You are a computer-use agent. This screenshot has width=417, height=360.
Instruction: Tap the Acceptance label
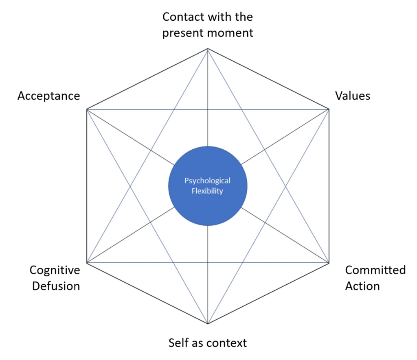pyautogui.click(x=48, y=96)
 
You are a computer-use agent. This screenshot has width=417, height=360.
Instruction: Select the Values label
pyautogui.click(x=353, y=96)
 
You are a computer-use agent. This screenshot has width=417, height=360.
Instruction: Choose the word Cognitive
pyautogui.click(x=55, y=270)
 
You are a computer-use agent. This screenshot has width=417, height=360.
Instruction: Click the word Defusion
pyautogui.click(x=56, y=286)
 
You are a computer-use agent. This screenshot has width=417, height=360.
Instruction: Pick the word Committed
pyautogui.click(x=375, y=270)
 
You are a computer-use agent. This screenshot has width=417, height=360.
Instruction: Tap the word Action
pyautogui.click(x=362, y=286)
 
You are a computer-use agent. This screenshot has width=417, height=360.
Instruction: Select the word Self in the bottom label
pyautogui.click(x=178, y=343)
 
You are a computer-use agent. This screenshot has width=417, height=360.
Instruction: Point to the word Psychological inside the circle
pyautogui.click(x=207, y=181)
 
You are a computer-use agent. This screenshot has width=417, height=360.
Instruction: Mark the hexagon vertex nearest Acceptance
pyautogui.click(x=87, y=109)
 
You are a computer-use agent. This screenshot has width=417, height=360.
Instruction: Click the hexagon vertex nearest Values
pyautogui.click(x=329, y=109)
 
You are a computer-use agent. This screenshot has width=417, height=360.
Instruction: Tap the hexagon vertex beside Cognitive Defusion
pyautogui.click(x=87, y=262)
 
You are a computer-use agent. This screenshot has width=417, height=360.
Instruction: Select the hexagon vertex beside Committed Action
pyautogui.click(x=329, y=262)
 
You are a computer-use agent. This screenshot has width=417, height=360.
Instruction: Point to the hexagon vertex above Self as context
pyautogui.click(x=208, y=324)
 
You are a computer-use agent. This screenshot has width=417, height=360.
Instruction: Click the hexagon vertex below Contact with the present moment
pyautogui.click(x=208, y=48)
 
